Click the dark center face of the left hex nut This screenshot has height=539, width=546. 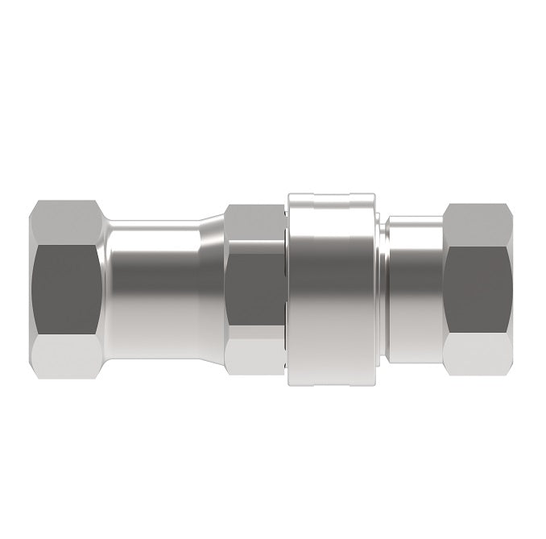coord(66,287)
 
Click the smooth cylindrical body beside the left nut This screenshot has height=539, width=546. coord(153,287)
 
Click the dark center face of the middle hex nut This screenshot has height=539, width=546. coord(254,287)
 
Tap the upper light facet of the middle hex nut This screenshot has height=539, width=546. coord(254,226)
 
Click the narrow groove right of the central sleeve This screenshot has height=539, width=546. coord(380,287)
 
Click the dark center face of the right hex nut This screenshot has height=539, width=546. coord(478,287)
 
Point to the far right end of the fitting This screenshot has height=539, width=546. coord(511,287)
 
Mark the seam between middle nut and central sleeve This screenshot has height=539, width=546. coord(285,287)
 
